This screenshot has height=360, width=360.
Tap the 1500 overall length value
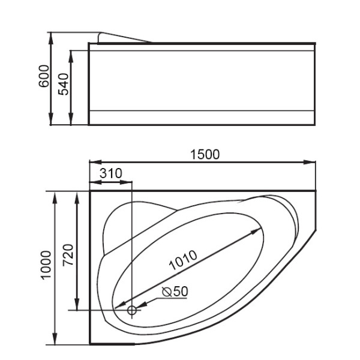click(205, 154)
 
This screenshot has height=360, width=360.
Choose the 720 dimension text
click(67, 256)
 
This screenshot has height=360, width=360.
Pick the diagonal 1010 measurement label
click(182, 260)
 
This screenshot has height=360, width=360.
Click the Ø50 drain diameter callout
click(175, 291)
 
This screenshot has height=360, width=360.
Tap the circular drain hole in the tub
click(132, 310)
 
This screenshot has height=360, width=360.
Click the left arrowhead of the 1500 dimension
click(94, 161)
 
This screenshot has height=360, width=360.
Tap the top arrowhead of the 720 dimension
click(77, 197)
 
